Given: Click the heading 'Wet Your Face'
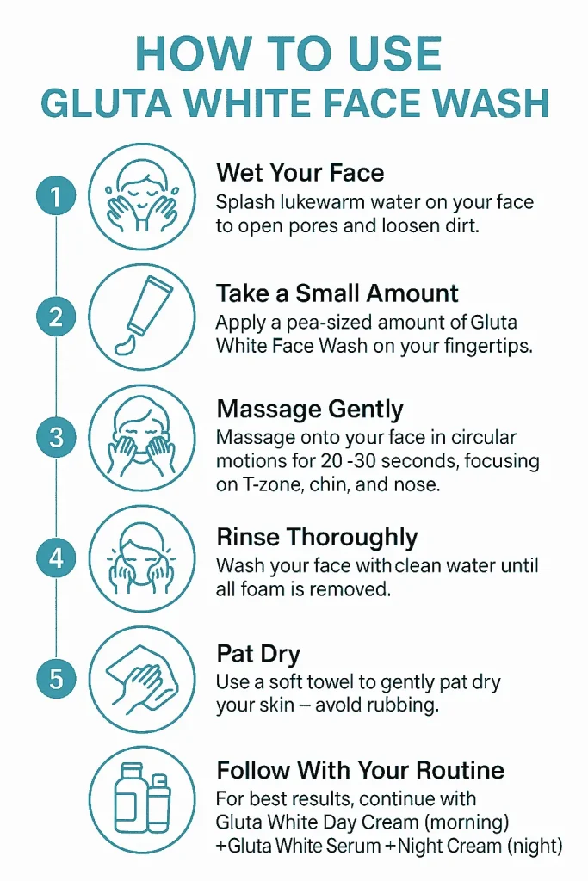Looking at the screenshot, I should (300, 172).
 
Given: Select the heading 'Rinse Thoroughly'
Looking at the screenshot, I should (317, 538).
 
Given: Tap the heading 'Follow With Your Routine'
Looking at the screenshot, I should (360, 769).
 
